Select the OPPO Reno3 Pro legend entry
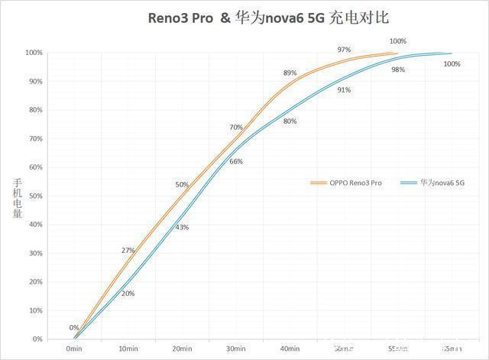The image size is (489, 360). click(345, 183)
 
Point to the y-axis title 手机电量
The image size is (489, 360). click(17, 198)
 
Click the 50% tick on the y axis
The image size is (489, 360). click(33, 196)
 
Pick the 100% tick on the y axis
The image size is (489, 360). click(31, 53)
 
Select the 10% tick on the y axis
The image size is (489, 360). click(33, 310)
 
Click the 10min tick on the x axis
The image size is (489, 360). click(128, 349)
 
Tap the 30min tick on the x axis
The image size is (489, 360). click(236, 349)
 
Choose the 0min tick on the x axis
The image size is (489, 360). click(74, 349)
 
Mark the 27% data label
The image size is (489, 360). click(128, 251)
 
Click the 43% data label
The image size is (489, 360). click(182, 227)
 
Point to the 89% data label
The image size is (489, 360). click(290, 73)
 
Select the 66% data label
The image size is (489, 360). click(236, 161)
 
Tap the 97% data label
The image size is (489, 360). click(344, 50)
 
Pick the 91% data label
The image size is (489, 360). click(344, 89)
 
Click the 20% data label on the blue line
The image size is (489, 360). click(128, 294)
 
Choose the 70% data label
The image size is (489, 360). click(236, 127)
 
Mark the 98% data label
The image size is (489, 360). click(398, 70)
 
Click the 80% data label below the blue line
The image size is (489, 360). click(290, 122)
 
